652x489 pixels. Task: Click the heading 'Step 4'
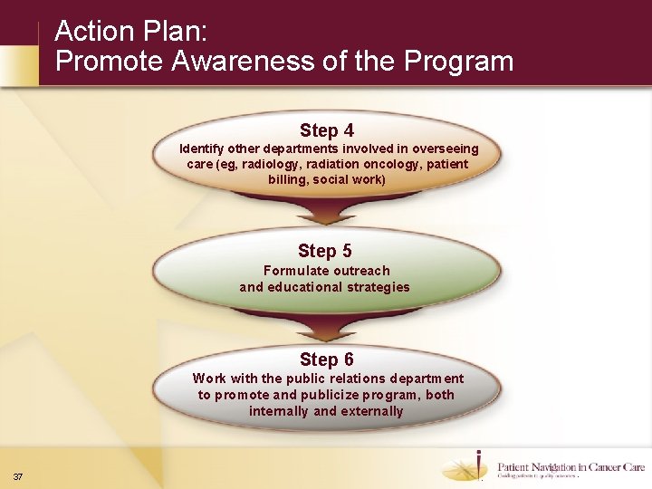click(327, 130)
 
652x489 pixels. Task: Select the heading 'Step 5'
click(324, 251)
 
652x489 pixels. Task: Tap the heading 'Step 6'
click(327, 360)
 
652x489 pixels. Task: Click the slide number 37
click(18, 476)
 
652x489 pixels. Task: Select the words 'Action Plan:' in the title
click(131, 32)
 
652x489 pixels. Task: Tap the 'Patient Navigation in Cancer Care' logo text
click(570, 467)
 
